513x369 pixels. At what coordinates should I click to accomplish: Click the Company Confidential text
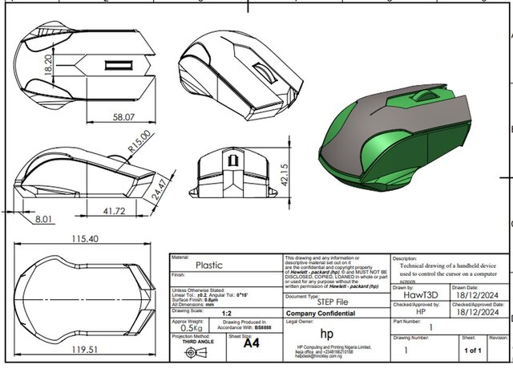pyautogui.click(x=321, y=314)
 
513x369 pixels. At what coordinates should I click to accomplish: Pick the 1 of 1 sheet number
pyautogui.click(x=471, y=350)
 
